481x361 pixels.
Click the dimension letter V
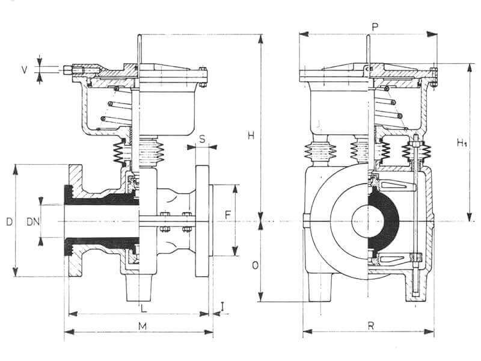(x=25, y=69)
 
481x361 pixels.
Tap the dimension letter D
(x=8, y=221)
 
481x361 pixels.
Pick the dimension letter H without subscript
(x=251, y=136)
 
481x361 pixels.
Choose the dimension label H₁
(x=461, y=143)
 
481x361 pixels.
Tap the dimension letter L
(x=142, y=309)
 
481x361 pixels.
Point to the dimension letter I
(x=222, y=306)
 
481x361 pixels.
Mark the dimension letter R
(x=371, y=326)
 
